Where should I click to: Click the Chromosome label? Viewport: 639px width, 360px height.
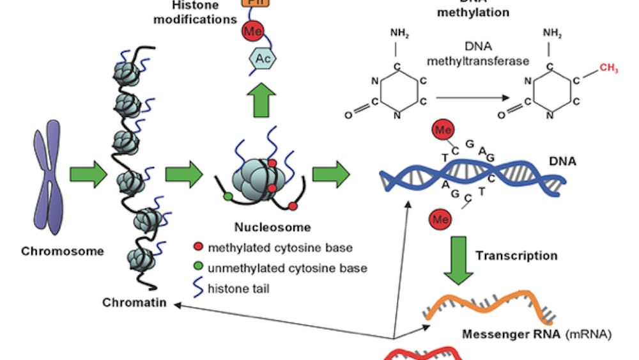click(x=62, y=251)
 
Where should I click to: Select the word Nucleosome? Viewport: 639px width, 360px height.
click(x=263, y=227)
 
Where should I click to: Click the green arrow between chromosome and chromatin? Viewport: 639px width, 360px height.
click(x=89, y=175)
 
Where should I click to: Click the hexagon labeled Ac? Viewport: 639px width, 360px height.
click(x=262, y=58)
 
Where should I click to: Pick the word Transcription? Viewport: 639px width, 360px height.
click(x=516, y=256)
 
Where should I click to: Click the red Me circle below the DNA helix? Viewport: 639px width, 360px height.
click(x=440, y=219)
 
